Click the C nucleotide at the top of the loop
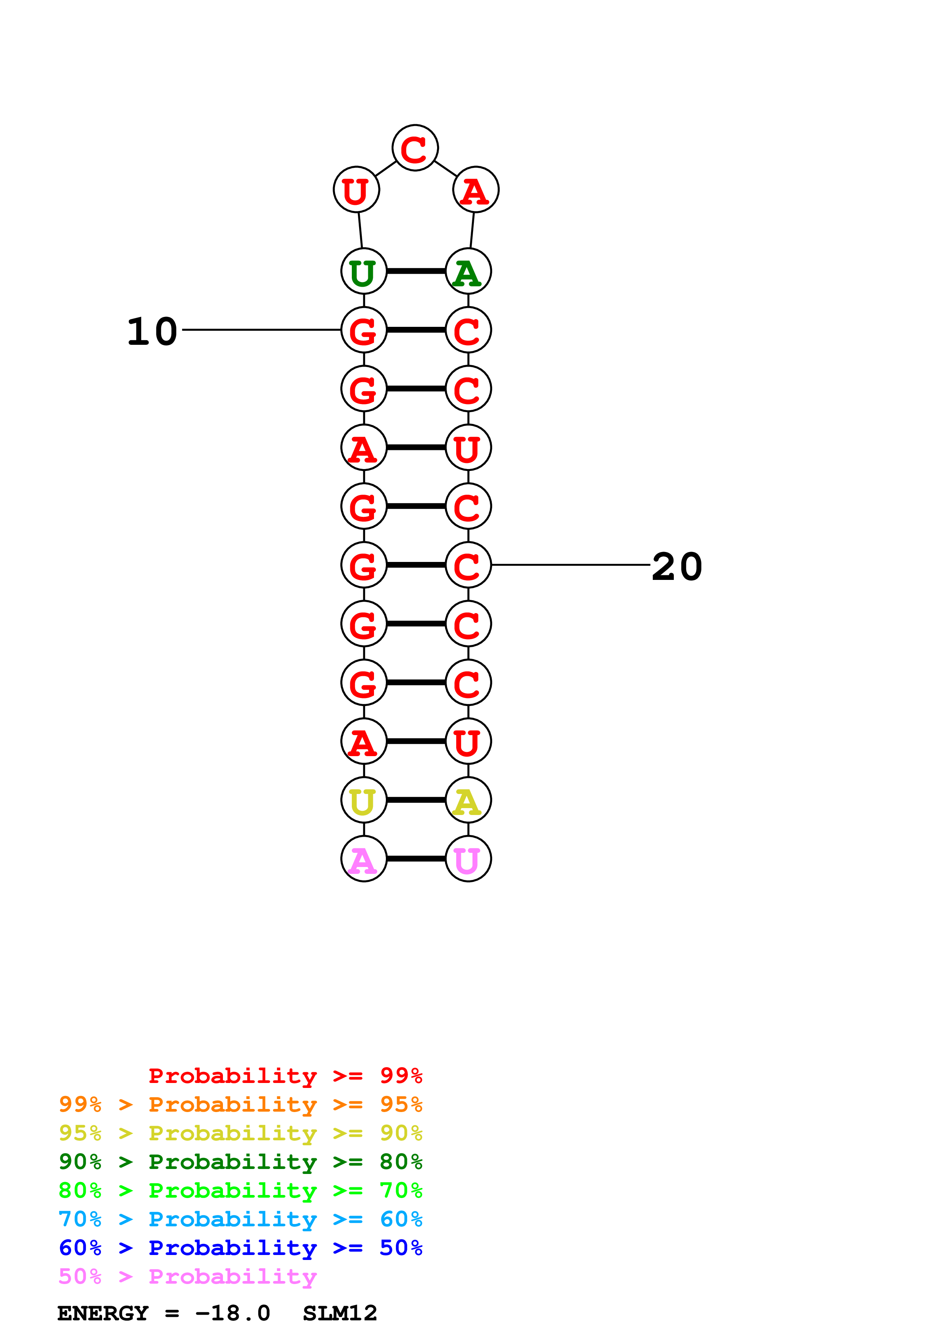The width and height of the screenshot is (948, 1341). tap(415, 148)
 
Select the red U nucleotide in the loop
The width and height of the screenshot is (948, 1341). tap(356, 190)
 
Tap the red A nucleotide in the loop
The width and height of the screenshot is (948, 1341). tap(475, 190)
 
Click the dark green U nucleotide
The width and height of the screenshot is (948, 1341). tap(364, 271)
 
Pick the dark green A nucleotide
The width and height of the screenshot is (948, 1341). tap(468, 271)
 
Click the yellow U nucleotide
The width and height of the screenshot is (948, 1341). tap(364, 800)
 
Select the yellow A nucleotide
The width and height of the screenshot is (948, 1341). tap(468, 800)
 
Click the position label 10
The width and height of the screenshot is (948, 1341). tap(152, 331)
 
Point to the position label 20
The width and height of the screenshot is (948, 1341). tap(676, 566)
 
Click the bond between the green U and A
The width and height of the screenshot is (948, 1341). tap(416, 271)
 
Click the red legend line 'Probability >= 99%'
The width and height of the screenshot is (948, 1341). tap(285, 1076)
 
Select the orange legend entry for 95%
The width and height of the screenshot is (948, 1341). tap(240, 1104)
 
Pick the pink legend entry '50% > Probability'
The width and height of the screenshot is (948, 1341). tap(187, 1276)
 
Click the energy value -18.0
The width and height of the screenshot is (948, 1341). tap(233, 1313)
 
